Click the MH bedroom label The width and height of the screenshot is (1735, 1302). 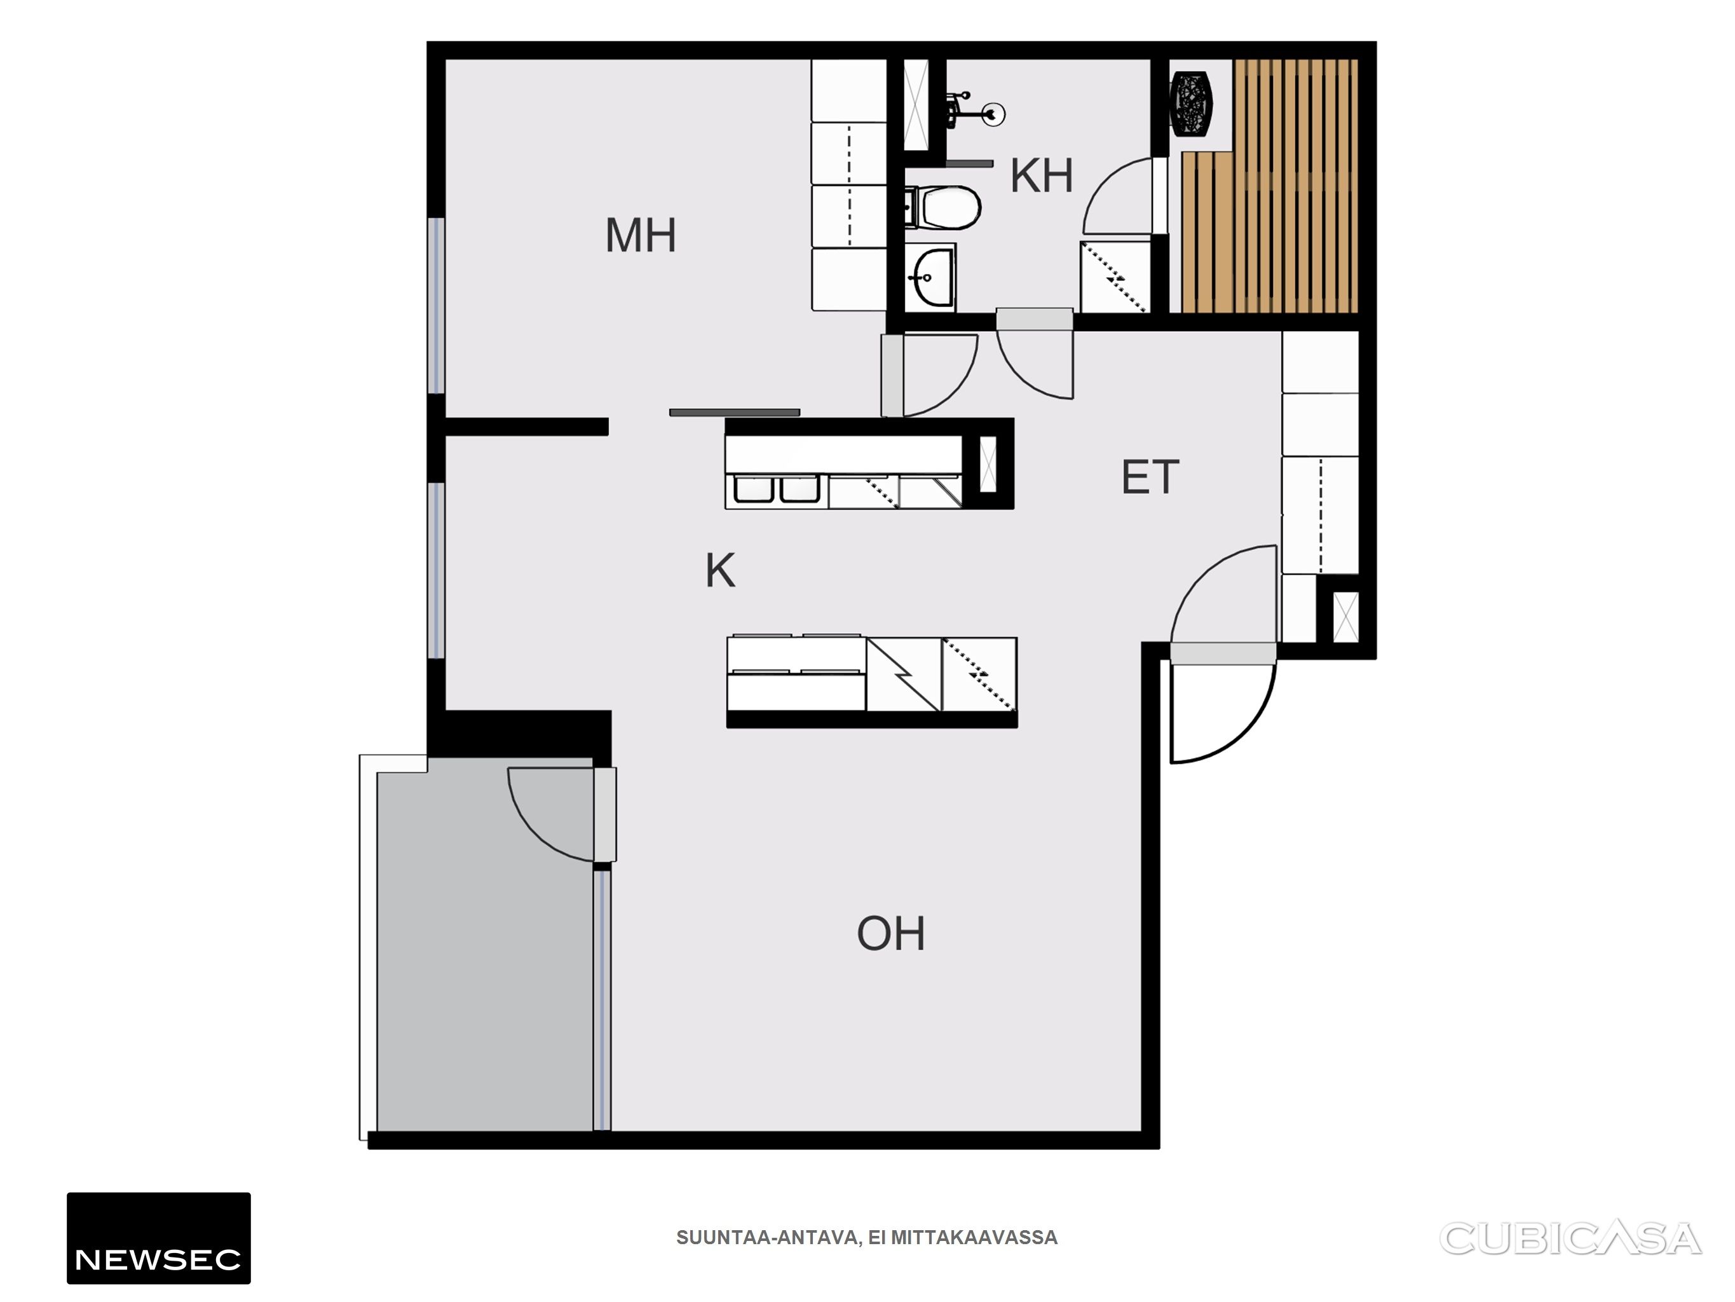[641, 235]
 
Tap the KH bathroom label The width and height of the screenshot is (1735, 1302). [1042, 176]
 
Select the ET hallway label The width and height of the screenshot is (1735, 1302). [1150, 477]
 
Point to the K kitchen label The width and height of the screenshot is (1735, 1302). [720, 570]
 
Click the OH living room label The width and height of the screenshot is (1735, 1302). [891, 933]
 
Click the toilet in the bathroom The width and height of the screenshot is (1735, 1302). [942, 207]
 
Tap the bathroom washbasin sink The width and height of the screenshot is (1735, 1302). [930, 277]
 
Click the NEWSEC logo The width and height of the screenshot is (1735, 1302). [158, 1238]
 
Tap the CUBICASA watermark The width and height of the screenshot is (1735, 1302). [1570, 1239]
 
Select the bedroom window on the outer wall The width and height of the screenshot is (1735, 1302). [436, 305]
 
